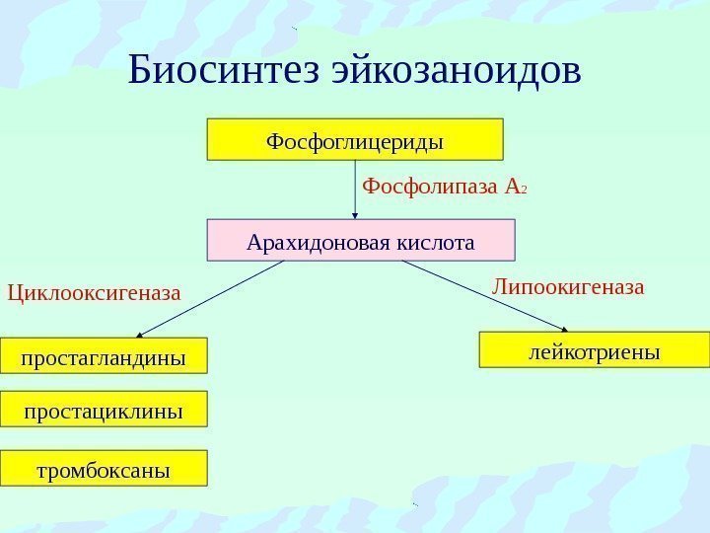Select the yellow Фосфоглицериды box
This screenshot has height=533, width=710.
(x=355, y=139)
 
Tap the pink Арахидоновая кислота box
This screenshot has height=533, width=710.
(x=361, y=241)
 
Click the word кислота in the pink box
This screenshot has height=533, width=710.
(x=434, y=241)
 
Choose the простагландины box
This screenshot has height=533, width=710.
(x=104, y=356)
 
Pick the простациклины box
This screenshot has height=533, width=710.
(x=104, y=410)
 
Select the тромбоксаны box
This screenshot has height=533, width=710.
(x=104, y=469)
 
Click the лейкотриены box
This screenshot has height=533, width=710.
(x=595, y=349)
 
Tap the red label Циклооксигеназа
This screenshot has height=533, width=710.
(x=95, y=292)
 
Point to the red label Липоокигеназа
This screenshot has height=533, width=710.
(x=568, y=287)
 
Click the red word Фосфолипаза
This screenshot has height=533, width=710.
(x=431, y=186)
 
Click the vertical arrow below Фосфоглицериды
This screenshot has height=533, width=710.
(x=355, y=188)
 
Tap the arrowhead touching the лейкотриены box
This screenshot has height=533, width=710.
(x=565, y=329)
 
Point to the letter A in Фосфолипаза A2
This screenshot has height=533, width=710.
(x=511, y=186)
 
